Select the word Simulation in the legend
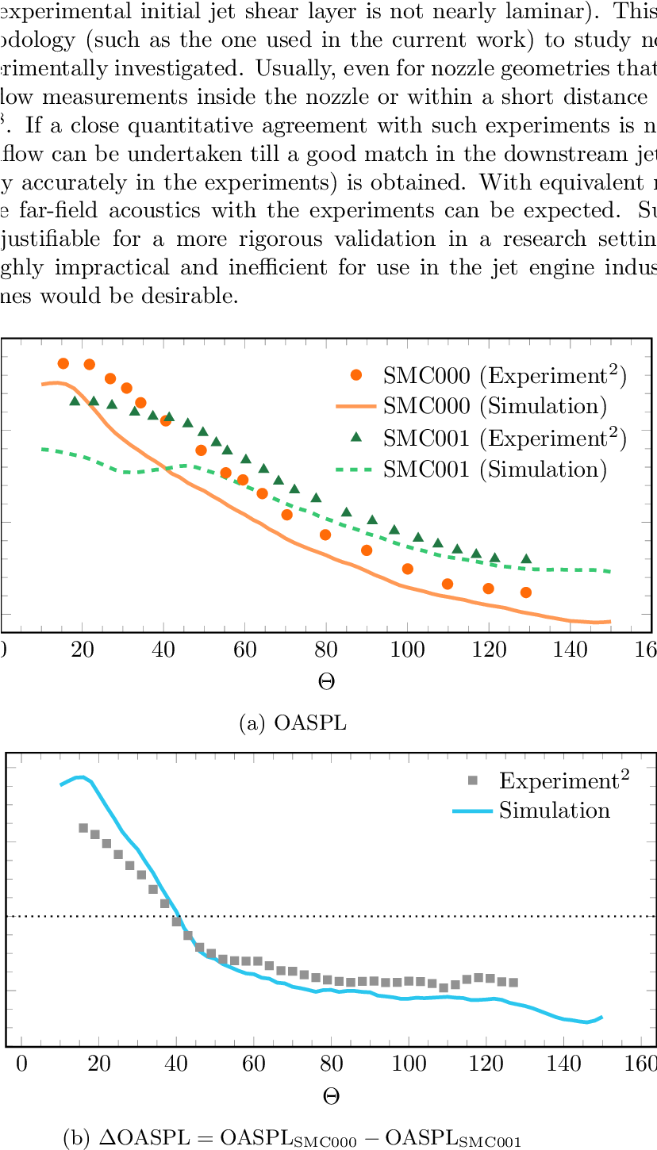(555, 811)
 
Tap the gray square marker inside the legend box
(473, 780)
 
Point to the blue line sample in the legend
(473, 811)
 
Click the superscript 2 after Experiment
(625, 775)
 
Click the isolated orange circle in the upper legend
(356, 374)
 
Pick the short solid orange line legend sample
(356, 406)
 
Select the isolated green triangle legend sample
(356, 437)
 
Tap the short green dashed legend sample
(354, 470)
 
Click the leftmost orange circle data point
(63, 363)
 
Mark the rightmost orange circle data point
(525, 592)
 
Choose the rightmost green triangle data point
(526, 559)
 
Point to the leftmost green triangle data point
(75, 401)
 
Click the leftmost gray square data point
(83, 828)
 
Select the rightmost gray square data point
(513, 983)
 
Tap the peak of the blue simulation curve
(80, 776)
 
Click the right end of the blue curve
(602, 1017)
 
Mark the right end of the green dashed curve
(609, 571)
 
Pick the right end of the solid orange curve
(609, 622)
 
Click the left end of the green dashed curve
(43, 449)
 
